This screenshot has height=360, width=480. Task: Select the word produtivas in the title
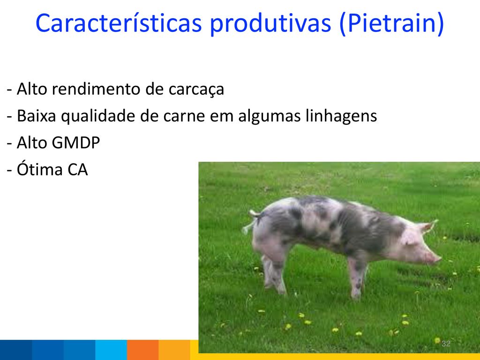coord(270,24)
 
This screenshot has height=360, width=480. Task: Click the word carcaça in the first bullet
coord(196,90)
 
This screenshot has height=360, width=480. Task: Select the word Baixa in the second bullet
coord(37,116)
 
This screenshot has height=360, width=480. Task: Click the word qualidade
coord(98,117)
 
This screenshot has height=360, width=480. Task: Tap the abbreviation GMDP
coord(75,142)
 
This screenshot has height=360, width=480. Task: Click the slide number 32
coord(446,344)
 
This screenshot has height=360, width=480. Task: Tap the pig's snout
coord(436,259)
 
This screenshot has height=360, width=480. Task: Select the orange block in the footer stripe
coord(142,350)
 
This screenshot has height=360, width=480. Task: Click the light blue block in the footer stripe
coord(111,350)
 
